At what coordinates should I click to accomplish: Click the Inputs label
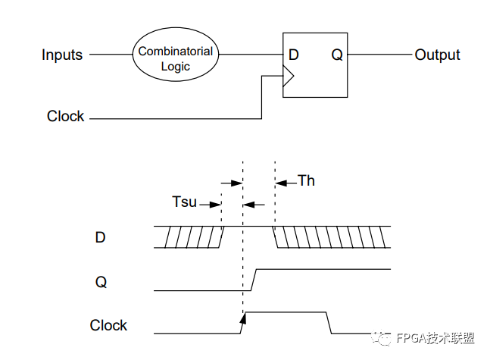pyautogui.click(x=62, y=55)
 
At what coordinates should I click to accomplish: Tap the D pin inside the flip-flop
pyautogui.click(x=293, y=55)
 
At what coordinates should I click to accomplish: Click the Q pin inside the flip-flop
pyautogui.click(x=337, y=55)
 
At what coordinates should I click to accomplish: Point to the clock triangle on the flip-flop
pyautogui.click(x=289, y=76)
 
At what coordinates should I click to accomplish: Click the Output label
pyautogui.click(x=437, y=55)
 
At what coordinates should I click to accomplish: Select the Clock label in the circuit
pyautogui.click(x=66, y=116)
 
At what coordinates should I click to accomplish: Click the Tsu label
pyautogui.click(x=184, y=202)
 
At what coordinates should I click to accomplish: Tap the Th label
pyautogui.click(x=306, y=180)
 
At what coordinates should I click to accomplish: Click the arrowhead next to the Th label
pyautogui.click(x=281, y=183)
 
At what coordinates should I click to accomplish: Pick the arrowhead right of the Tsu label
pyautogui.click(x=216, y=205)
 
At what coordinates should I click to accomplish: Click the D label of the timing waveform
pyautogui.click(x=100, y=237)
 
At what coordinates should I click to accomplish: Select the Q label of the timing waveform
pyautogui.click(x=101, y=282)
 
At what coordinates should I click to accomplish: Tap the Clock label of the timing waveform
pyautogui.click(x=108, y=325)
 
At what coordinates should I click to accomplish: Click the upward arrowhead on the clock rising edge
pyautogui.click(x=243, y=318)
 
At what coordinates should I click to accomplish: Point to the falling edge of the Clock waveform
pyautogui.click(x=329, y=323)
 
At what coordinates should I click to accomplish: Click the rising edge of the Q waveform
pyautogui.click(x=254, y=280)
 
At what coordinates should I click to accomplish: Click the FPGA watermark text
pyautogui.click(x=435, y=338)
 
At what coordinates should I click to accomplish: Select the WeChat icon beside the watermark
pyautogui.click(x=381, y=337)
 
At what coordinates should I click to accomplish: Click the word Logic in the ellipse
pyautogui.click(x=175, y=67)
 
